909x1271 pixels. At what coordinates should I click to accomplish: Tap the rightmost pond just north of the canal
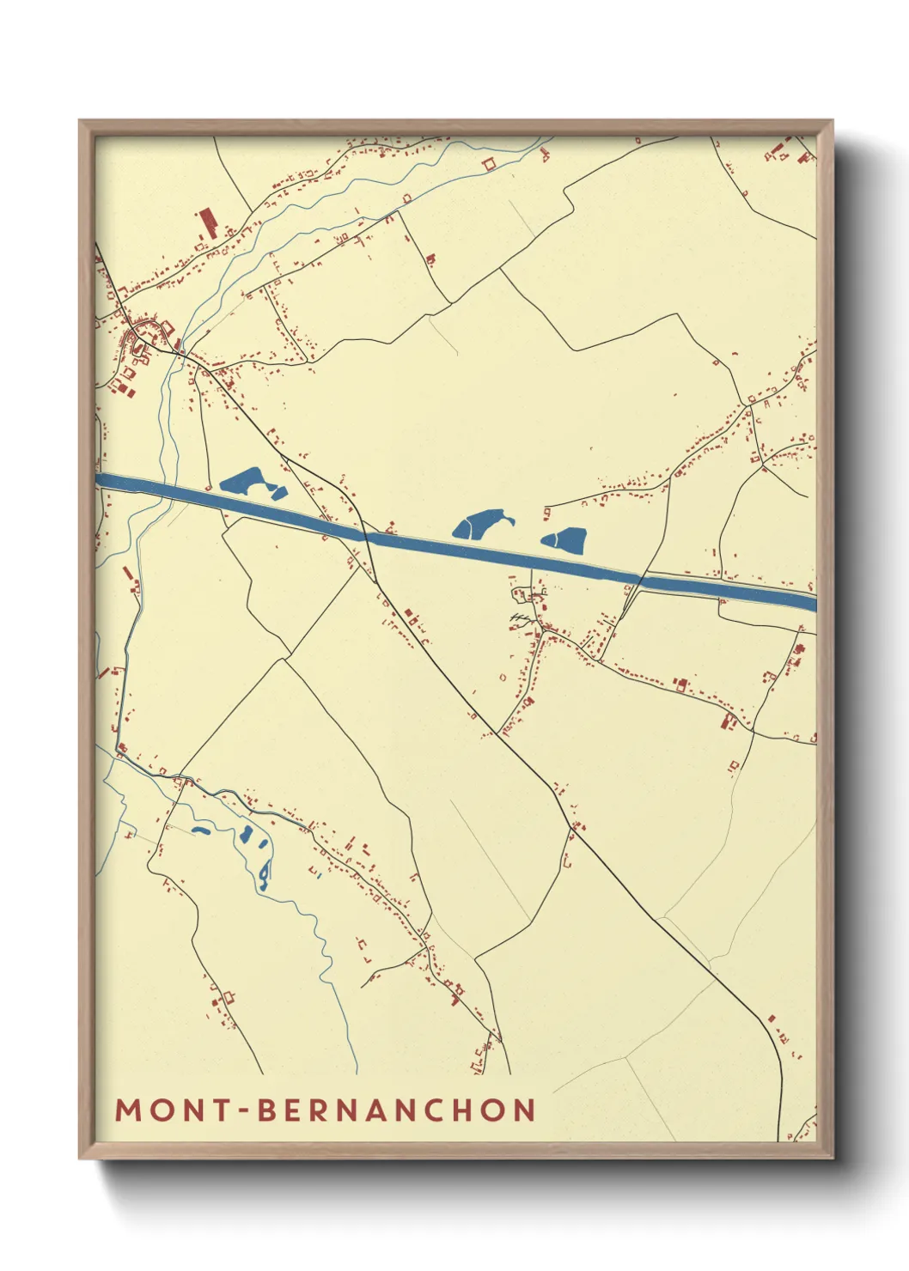568,539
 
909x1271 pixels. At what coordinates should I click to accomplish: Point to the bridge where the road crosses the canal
366,538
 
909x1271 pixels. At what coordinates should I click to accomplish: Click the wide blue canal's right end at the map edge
811,600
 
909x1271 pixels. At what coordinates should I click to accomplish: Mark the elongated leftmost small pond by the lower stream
200,831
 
